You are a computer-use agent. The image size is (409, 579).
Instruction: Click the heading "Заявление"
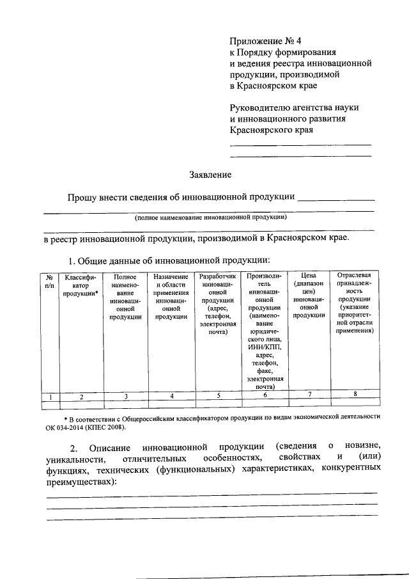point(210,174)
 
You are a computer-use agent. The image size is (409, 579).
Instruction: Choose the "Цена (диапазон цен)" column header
point(309,295)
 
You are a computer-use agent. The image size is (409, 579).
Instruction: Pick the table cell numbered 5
point(218,395)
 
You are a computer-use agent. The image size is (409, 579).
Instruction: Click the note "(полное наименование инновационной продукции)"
point(210,218)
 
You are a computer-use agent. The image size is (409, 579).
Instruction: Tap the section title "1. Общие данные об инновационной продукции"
point(170,260)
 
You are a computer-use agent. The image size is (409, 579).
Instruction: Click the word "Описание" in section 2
point(110,445)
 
